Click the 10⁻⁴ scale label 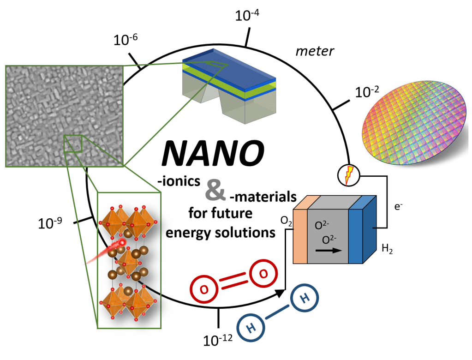coord(247,15)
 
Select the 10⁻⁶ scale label coord(125,39)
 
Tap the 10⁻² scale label coord(367,91)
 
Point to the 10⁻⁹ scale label coord(50,223)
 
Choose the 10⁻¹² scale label coord(218,340)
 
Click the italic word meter coord(315,51)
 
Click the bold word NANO coord(213,153)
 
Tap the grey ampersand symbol coord(215,190)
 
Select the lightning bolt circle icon coord(349,175)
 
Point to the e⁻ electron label coord(398,206)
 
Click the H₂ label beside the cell coord(387,249)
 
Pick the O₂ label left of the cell coord(286,221)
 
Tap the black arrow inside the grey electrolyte coord(329,250)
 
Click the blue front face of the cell coord(356,236)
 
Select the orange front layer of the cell coord(300,236)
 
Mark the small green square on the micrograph coord(73,144)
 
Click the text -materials coord(263,197)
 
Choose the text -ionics coord(179,181)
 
